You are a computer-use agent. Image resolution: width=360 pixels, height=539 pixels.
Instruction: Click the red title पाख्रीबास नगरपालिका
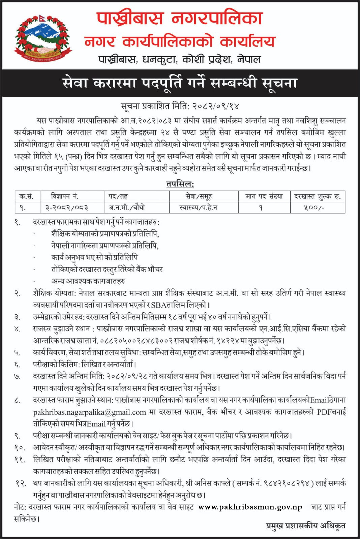tap(180, 19)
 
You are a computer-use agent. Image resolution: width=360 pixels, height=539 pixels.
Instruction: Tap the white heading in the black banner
tap(180, 83)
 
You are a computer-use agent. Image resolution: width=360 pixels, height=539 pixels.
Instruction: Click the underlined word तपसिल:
tap(180, 184)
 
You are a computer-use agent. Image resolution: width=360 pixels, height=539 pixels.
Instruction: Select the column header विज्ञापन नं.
tap(65, 196)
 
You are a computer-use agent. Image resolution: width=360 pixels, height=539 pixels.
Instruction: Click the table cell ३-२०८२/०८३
tap(67, 208)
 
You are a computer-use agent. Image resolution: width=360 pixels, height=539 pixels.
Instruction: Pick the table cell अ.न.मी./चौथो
tap(127, 208)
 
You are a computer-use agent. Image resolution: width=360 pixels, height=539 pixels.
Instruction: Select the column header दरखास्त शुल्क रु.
tap(318, 196)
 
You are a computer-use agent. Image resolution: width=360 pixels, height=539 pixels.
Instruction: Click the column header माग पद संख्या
tap(264, 196)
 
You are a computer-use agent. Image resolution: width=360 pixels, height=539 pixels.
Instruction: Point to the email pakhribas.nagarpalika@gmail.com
tap(90, 412)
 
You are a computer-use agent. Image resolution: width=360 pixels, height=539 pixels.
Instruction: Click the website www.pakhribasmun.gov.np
tap(250, 507)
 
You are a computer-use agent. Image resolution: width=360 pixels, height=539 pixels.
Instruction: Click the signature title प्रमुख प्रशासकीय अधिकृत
tap(305, 525)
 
